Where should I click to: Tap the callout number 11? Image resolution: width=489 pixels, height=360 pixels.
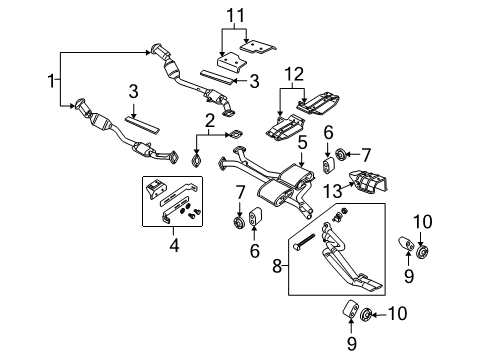[x=236, y=15]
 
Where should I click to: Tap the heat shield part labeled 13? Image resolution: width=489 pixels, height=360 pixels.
[x=370, y=187]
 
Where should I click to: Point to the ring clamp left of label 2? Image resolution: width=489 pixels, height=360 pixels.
[x=195, y=160]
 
